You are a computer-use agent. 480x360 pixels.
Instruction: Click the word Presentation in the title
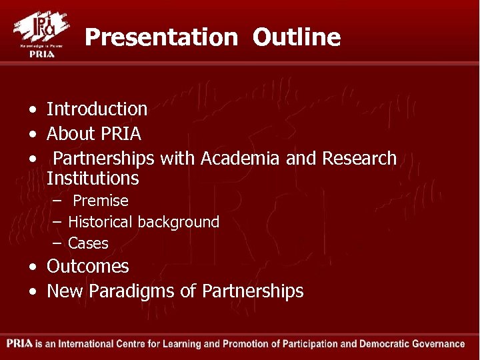tap(161, 37)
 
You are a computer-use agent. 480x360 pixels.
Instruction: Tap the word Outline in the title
tap(296, 37)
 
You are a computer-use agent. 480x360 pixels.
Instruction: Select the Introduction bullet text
tap(97, 109)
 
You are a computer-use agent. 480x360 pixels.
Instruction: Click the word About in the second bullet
tap(71, 134)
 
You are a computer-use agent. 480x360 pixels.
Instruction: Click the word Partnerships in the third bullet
tap(104, 159)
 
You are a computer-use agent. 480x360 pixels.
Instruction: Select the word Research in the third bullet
tap(359, 159)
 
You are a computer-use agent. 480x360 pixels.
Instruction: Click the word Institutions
tap(93, 179)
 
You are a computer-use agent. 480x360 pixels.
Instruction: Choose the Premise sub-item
tap(100, 201)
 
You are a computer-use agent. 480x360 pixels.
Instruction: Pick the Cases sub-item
tap(88, 243)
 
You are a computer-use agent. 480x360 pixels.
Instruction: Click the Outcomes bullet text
tap(87, 267)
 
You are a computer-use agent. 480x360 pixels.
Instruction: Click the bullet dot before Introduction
tap(32, 109)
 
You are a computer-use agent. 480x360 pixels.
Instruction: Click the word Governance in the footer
tap(433, 344)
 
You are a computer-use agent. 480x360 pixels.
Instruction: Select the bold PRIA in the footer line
tap(20, 344)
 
